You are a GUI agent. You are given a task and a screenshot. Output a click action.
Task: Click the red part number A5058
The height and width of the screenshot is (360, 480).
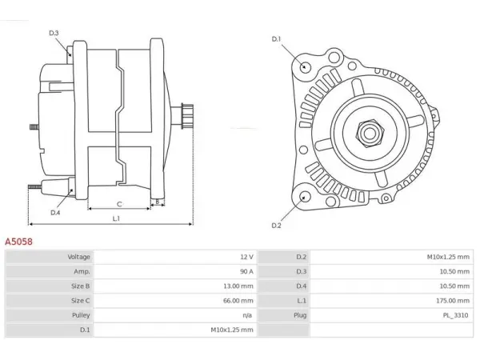(x=18, y=242)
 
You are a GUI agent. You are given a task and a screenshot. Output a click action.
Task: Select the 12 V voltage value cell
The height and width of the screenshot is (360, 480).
(x=246, y=257)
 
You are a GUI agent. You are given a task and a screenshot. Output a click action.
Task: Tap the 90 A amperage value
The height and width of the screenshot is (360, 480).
(x=246, y=271)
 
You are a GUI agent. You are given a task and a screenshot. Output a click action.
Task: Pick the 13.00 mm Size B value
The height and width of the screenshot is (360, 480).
(x=238, y=286)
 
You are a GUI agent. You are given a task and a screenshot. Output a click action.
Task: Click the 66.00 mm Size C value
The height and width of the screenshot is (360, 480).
(x=238, y=301)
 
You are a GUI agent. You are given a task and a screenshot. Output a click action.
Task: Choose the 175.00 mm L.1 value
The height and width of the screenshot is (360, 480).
(x=453, y=301)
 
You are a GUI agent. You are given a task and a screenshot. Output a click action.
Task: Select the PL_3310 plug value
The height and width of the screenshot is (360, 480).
(x=455, y=315)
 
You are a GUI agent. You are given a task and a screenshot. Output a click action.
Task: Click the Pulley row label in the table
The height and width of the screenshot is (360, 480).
(x=81, y=315)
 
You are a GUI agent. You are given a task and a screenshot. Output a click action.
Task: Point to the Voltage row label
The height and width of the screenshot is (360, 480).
(x=78, y=257)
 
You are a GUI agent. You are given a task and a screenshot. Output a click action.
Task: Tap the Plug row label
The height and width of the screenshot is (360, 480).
(x=300, y=315)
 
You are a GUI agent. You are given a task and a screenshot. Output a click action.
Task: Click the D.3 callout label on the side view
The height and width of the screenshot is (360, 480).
(x=54, y=33)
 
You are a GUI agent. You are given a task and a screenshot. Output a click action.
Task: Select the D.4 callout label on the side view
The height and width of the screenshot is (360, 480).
(x=55, y=213)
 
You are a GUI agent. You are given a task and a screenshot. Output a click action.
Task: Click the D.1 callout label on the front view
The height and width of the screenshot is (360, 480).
(x=276, y=39)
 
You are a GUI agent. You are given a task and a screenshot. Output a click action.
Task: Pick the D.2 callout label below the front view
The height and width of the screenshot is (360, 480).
(x=276, y=226)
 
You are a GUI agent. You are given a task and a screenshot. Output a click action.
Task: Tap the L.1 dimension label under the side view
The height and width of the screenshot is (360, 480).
(x=116, y=218)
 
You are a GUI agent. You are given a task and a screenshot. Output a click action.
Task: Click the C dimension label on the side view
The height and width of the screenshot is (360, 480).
(x=119, y=204)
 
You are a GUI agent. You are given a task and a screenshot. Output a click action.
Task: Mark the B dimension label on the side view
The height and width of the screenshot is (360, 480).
(x=158, y=202)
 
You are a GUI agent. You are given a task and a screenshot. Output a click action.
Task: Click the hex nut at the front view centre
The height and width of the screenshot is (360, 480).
(x=370, y=133)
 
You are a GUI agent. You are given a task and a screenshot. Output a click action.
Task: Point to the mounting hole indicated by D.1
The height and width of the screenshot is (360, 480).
(x=305, y=66)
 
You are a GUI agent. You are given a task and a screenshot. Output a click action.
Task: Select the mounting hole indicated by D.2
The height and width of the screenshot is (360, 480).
(x=305, y=197)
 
